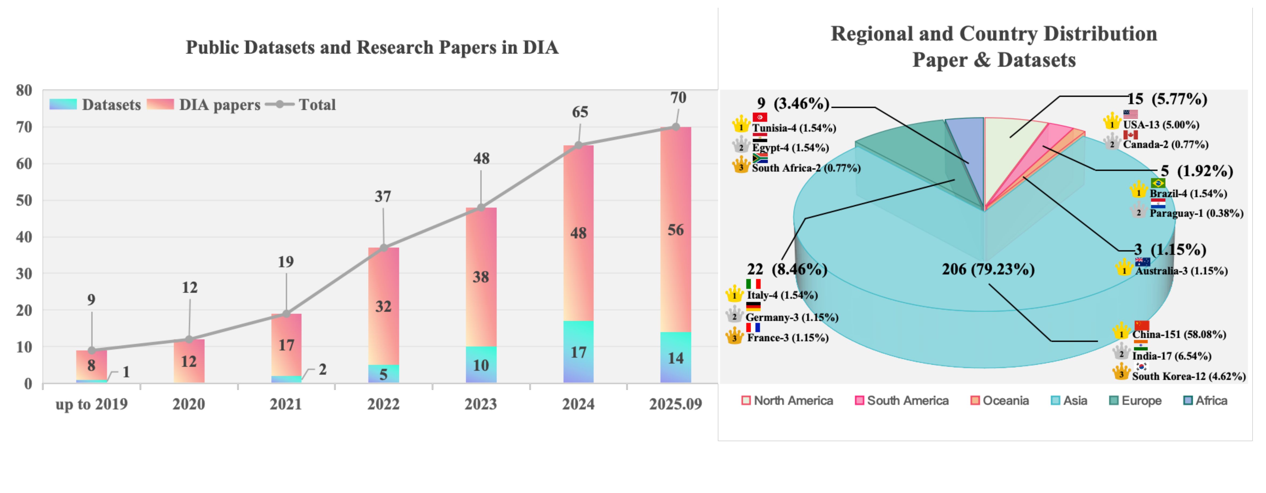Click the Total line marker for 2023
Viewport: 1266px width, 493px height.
481,208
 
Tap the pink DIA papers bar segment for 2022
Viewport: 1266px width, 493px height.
383,306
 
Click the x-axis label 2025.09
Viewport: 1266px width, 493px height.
675,404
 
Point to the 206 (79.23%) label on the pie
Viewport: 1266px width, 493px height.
988,269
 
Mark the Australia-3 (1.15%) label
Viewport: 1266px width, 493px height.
1181,271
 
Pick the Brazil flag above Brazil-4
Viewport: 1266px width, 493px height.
1158,183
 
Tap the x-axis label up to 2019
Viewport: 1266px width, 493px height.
92,404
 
